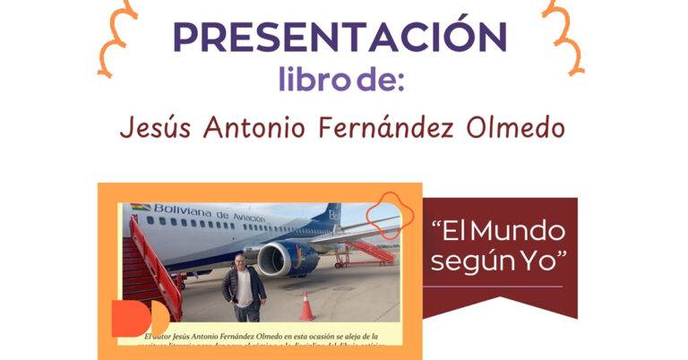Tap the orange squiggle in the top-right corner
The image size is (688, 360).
[565, 36]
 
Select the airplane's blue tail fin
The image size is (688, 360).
[331, 216]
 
